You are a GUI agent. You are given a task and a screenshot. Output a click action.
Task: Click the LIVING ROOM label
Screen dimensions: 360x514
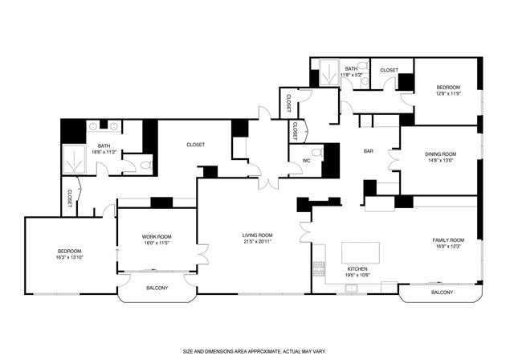258,235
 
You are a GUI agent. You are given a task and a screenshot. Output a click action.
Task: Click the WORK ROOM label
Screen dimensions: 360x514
157,236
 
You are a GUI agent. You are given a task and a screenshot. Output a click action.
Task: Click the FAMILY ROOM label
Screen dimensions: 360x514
447,240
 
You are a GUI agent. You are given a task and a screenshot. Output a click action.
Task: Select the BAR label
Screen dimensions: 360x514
369,150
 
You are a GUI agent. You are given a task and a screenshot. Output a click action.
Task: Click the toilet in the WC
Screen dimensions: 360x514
316,153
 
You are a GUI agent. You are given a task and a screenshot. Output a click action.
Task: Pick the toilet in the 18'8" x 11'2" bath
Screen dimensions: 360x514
145,165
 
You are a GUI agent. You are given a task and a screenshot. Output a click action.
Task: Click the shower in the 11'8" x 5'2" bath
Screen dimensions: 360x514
330,72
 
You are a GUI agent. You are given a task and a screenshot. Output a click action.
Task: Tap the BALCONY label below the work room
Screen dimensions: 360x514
157,288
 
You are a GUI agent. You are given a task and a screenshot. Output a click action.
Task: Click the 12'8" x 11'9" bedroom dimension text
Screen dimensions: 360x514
448,93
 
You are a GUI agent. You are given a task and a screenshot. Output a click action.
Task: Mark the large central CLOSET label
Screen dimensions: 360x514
195,145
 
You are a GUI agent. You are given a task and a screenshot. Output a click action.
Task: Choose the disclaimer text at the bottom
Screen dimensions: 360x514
256,351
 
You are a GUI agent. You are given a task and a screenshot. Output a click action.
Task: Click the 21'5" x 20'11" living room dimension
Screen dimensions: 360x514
258,242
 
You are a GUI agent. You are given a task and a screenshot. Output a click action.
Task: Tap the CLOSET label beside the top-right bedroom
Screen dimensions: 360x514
390,70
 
